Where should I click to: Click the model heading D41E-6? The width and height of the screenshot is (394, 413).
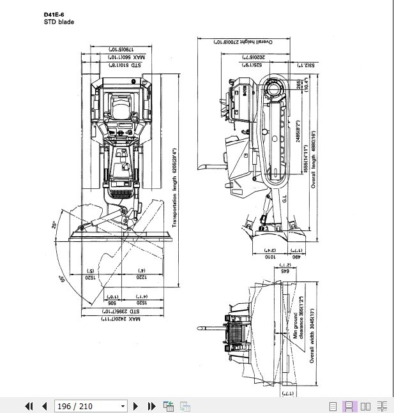point(54,14)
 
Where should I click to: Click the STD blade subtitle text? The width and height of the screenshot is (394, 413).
point(59,22)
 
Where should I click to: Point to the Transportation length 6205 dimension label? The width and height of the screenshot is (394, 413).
point(174,189)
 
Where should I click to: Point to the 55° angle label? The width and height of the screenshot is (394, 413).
point(63,280)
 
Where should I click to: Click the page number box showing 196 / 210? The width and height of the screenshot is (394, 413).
point(91,406)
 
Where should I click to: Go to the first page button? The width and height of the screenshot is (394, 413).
point(29,406)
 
